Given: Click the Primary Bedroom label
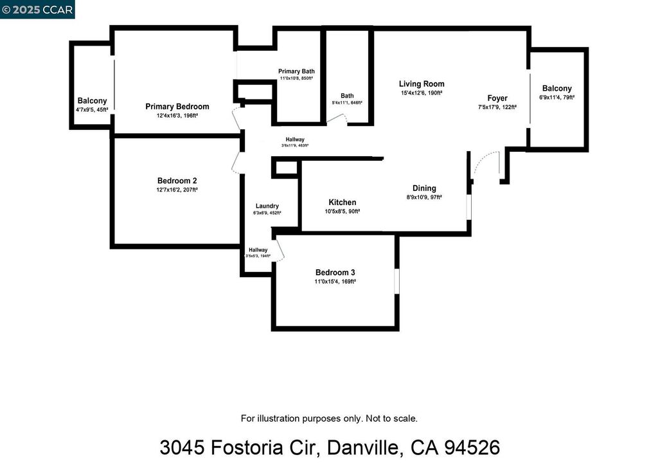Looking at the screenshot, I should pos(177,107).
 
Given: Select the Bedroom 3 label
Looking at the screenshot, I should pos(335,273).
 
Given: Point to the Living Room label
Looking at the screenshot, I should pos(422,84).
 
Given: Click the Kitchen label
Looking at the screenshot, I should pos(342,202).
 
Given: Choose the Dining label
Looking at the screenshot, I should pos(424,188).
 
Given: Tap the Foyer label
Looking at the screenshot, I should pos(497,98).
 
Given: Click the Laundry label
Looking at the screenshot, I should pos(267,206).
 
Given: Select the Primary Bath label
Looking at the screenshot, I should pos(296,71).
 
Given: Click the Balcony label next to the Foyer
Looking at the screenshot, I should pos(556,89).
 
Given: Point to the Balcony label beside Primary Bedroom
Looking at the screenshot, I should pos(92,101).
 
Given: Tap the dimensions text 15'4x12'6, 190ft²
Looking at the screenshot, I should pos(422,93).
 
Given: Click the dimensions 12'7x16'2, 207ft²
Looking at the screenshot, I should pos(177,190).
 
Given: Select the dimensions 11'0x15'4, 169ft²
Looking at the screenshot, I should pos(335,282).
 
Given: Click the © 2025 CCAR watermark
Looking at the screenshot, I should pos(37,9).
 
